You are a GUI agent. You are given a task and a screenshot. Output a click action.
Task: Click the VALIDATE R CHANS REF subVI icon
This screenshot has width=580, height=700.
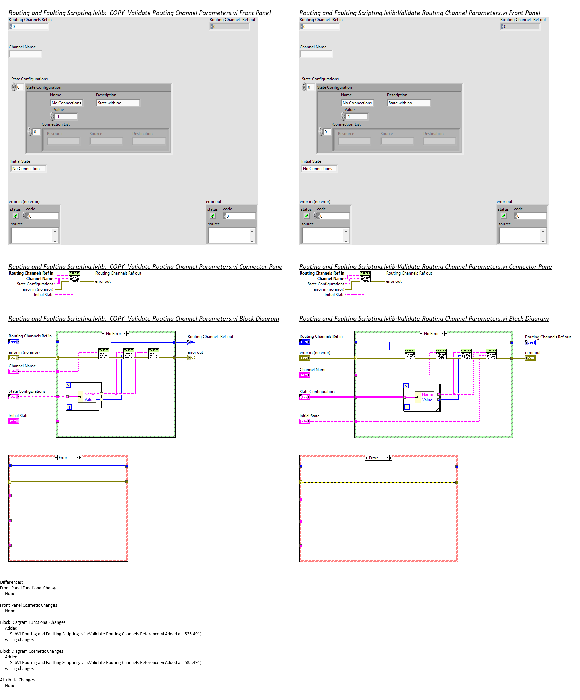tap(410, 354)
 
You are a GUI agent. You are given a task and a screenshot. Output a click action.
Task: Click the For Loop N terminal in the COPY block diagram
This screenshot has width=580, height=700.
tap(68, 385)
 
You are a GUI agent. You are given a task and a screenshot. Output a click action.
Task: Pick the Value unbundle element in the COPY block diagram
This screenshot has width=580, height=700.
tap(89, 400)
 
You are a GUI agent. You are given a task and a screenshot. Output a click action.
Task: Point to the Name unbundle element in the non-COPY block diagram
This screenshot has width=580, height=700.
tap(427, 394)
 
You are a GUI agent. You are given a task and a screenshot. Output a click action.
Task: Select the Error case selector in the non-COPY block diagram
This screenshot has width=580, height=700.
tap(378, 458)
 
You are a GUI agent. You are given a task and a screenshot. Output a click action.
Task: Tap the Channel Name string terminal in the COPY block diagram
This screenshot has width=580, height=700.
tap(14, 371)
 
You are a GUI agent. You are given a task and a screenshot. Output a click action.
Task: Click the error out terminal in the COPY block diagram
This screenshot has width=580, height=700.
tap(193, 358)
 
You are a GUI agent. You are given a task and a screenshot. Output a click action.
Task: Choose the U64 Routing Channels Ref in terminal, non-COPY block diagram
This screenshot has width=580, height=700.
tap(304, 342)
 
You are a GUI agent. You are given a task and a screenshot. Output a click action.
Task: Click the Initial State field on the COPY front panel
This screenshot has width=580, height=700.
tap(28, 169)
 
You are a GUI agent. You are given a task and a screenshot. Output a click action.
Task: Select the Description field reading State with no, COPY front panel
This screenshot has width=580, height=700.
tap(117, 103)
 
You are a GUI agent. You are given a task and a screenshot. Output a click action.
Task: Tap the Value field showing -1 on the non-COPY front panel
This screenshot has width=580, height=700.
tap(357, 117)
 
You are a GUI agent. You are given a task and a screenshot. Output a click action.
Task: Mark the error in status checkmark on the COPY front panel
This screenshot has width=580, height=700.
tap(16, 216)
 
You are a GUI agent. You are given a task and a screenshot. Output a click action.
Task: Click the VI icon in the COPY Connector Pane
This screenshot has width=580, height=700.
tap(74, 277)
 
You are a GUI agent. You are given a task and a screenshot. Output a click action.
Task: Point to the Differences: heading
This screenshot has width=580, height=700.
tap(12, 582)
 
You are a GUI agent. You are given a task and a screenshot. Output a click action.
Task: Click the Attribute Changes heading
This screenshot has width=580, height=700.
tap(17, 680)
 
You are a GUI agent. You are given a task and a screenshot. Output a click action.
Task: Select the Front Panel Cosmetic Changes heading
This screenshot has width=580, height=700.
tap(28, 605)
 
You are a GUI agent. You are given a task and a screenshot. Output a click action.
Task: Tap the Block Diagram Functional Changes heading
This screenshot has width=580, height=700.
tap(33, 622)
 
